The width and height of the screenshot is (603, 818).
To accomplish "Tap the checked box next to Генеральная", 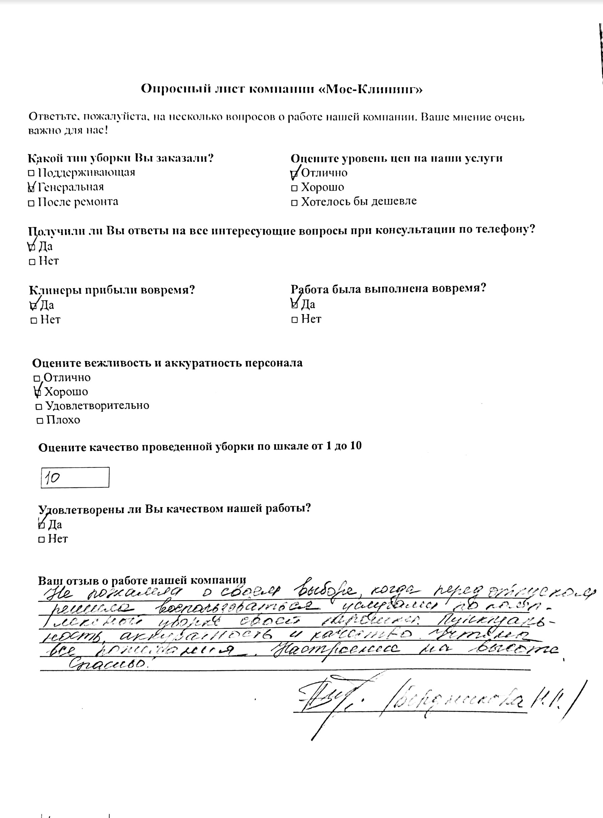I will tap(31, 189).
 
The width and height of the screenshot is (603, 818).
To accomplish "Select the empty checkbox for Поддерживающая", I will tap(31, 174).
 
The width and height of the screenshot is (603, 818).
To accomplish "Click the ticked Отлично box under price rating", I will tap(294, 174).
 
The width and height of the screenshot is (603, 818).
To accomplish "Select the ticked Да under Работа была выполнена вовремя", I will tap(294, 305).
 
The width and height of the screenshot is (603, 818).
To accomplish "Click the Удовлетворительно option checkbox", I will tap(39, 407).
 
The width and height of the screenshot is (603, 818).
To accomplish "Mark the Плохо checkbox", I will tap(40, 421).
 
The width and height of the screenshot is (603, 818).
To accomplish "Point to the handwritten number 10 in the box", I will tap(53, 478).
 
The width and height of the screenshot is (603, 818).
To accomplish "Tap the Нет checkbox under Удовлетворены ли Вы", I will tap(42, 539).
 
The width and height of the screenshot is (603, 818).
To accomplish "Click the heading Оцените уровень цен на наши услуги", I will tap(396, 158).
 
